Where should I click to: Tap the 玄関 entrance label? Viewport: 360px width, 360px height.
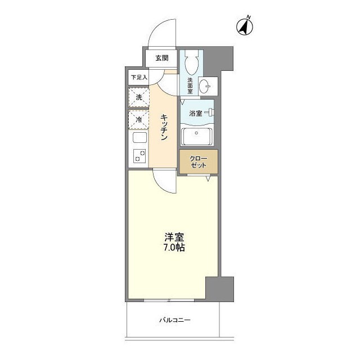pos(162,57)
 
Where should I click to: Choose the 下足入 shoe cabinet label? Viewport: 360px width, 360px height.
pos(138,77)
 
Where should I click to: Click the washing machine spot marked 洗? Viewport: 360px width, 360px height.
pos(138,97)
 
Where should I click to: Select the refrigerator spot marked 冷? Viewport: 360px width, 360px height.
pos(138,119)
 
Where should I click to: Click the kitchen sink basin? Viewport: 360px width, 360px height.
pos(139,138)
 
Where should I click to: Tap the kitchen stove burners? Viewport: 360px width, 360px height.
pos(138,156)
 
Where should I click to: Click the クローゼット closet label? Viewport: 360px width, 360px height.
pos(198,161)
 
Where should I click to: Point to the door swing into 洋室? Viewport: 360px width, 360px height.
pos(165,182)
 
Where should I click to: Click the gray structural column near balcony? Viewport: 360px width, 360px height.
pos(218,290)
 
